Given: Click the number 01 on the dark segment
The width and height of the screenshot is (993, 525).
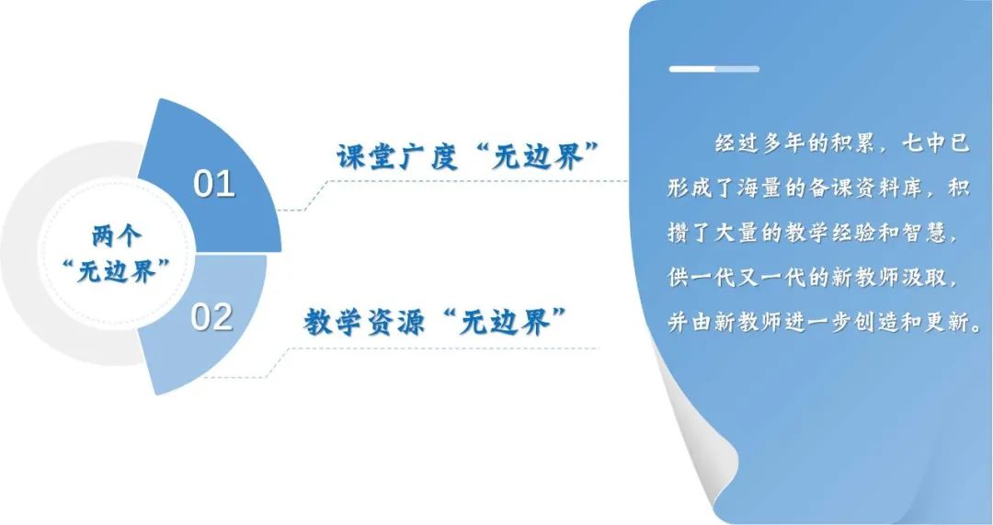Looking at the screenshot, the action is pyautogui.click(x=214, y=184).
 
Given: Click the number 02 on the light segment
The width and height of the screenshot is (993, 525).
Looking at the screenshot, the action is pyautogui.click(x=212, y=317).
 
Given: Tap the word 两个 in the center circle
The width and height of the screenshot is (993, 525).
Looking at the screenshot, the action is pyautogui.click(x=117, y=237).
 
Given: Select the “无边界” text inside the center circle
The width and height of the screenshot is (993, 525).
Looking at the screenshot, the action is pyautogui.click(x=117, y=272).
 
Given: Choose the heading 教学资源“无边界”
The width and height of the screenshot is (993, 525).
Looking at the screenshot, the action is pyautogui.click(x=435, y=323).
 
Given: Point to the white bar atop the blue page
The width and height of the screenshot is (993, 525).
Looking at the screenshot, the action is pyautogui.click(x=713, y=68).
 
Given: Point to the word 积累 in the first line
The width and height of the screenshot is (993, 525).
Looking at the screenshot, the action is pyautogui.click(x=854, y=143).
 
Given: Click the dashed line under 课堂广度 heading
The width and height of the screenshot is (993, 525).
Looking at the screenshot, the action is pyautogui.click(x=452, y=181).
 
